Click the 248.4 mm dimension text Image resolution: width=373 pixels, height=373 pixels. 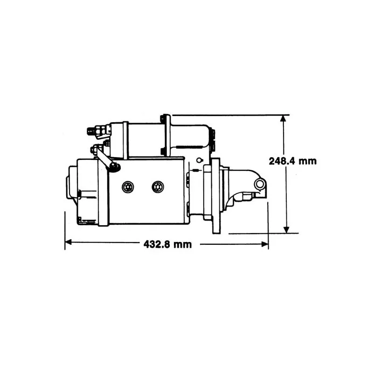[292, 161]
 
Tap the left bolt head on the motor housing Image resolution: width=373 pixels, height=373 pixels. [128, 187]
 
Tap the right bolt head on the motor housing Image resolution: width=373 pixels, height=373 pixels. [158, 187]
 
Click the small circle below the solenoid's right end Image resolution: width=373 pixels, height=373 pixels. [199, 161]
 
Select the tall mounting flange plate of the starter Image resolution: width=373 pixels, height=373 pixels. [215, 196]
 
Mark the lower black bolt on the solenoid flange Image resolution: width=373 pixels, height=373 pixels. [163, 151]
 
